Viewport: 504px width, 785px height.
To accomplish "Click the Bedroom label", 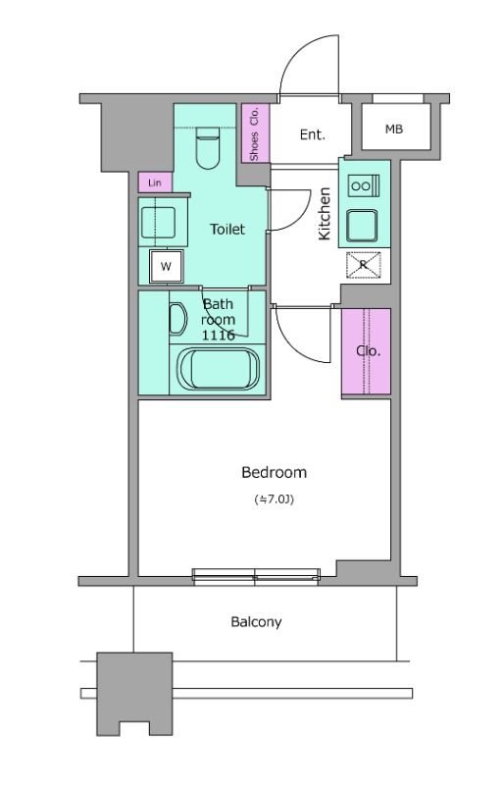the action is [274, 472].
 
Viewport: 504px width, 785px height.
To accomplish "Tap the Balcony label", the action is [256, 622].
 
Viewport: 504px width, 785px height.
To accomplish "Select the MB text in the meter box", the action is [394, 130].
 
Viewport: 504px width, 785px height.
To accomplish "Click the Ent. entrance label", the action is [313, 134].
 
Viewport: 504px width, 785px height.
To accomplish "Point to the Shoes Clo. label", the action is [255, 133].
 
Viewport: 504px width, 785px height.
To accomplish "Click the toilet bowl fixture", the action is [208, 148].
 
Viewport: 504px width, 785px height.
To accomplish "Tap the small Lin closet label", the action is [155, 183].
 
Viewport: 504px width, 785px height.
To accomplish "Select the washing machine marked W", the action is [166, 266].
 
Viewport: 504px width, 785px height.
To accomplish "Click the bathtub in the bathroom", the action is [220, 369].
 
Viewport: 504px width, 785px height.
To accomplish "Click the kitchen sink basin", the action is [362, 226].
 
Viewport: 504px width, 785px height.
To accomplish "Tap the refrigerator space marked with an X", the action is [364, 264].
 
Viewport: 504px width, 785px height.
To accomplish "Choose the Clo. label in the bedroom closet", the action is [369, 351].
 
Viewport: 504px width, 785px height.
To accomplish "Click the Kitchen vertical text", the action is [325, 213].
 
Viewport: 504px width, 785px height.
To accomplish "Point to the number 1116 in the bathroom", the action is [219, 335].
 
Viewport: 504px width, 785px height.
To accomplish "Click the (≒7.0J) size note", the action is [274, 499].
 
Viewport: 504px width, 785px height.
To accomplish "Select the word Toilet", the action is [227, 230].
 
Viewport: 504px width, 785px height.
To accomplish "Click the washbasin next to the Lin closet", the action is [158, 223].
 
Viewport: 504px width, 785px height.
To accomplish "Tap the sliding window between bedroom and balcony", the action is [256, 577].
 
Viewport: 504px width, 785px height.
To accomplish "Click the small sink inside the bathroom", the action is [177, 319].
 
